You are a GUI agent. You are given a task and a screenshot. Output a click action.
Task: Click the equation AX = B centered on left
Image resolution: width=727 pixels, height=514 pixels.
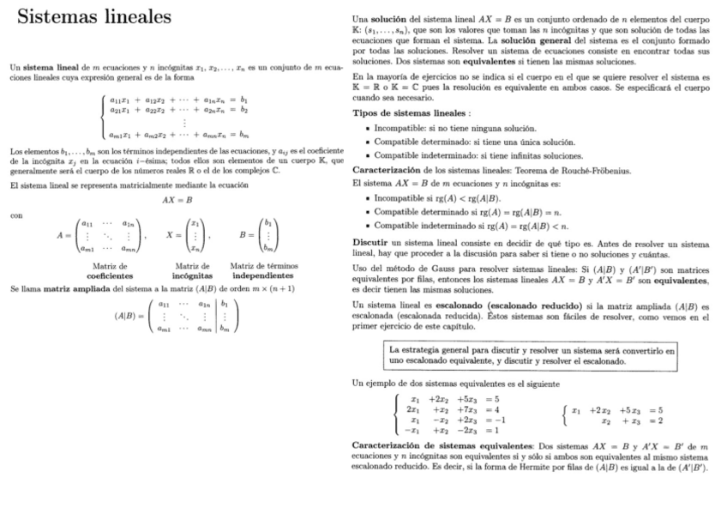(176, 199)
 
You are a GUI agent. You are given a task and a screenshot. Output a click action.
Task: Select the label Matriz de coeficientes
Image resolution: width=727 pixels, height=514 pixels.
(109, 272)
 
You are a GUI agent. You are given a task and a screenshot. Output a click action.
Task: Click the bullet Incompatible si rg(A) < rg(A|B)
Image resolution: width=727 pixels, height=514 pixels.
(438, 198)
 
